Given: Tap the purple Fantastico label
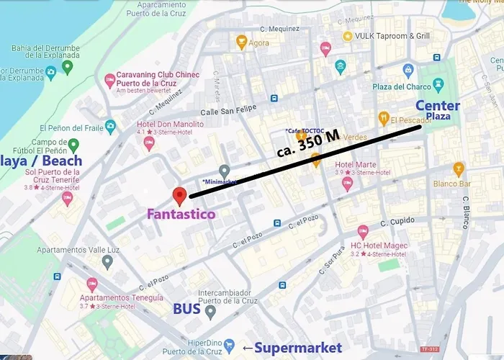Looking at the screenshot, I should (x=181, y=214).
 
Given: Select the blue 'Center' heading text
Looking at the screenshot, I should (x=437, y=105).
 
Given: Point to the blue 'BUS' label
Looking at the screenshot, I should (x=186, y=309).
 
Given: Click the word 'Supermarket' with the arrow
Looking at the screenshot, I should (x=289, y=348).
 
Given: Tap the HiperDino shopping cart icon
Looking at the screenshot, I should (x=230, y=345).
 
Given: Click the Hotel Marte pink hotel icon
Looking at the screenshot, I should (x=347, y=184).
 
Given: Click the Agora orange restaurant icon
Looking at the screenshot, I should (x=242, y=42).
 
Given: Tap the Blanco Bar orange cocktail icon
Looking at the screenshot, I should (x=459, y=169).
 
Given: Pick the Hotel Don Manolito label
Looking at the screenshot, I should (x=170, y=124).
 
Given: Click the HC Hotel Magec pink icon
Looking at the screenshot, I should (x=363, y=232).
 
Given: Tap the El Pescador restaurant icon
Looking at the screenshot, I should (x=384, y=118).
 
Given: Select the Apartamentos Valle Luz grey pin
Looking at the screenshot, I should (x=107, y=261).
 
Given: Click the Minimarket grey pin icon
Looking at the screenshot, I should (x=225, y=171).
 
